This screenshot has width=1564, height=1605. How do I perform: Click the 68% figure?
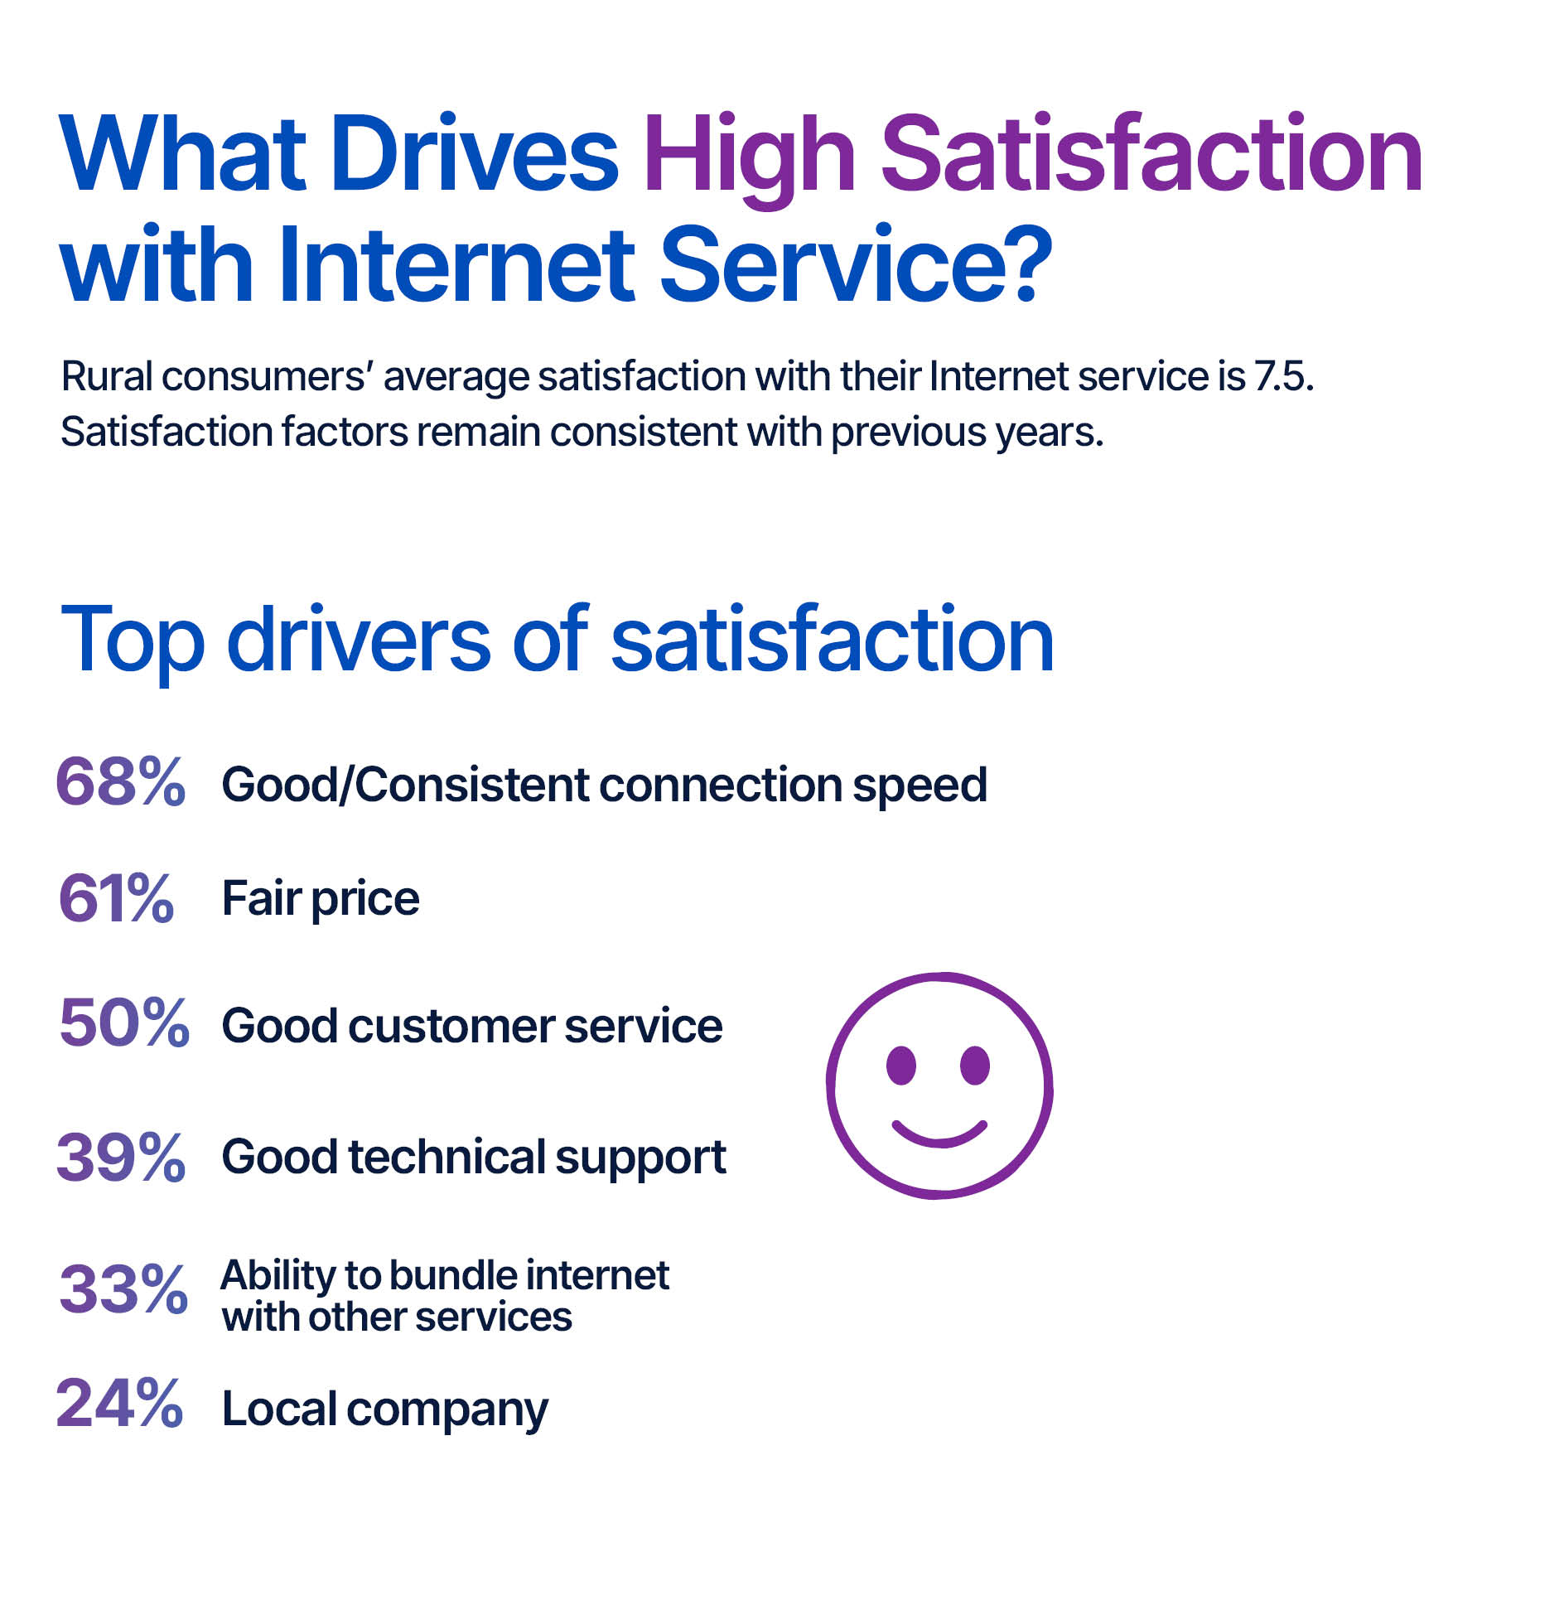pos(120,782)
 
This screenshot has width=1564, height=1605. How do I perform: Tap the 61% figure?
pos(116,898)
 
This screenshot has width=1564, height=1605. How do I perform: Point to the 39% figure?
pos(121,1157)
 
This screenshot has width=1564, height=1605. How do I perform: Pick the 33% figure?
pos(123,1289)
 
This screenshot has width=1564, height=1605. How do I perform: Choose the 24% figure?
pos(119,1404)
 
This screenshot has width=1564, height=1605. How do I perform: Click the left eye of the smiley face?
pos(900,1065)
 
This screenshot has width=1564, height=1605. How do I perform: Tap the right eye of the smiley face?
pos(975,1065)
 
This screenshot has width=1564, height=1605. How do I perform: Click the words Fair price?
pos(321,898)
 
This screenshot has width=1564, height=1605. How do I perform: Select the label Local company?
pos(384,1409)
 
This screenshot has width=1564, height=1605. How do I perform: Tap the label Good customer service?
pos(472,1026)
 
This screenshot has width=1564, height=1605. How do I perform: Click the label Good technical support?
pos(474,1157)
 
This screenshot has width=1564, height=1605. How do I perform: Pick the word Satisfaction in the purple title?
pos(1151,155)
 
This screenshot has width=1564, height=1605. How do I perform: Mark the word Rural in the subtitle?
pos(107,377)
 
